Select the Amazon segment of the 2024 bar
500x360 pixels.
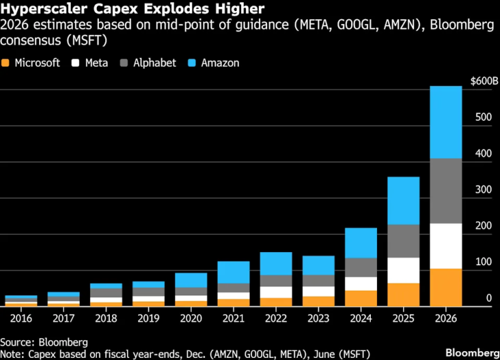(x=360, y=243)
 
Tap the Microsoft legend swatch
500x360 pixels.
(x=6, y=63)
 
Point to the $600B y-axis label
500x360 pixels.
(x=484, y=81)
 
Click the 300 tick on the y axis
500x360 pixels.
(x=484, y=189)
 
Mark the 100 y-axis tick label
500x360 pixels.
(x=484, y=262)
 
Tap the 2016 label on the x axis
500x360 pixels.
(x=21, y=318)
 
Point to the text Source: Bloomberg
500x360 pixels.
(x=43, y=341)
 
